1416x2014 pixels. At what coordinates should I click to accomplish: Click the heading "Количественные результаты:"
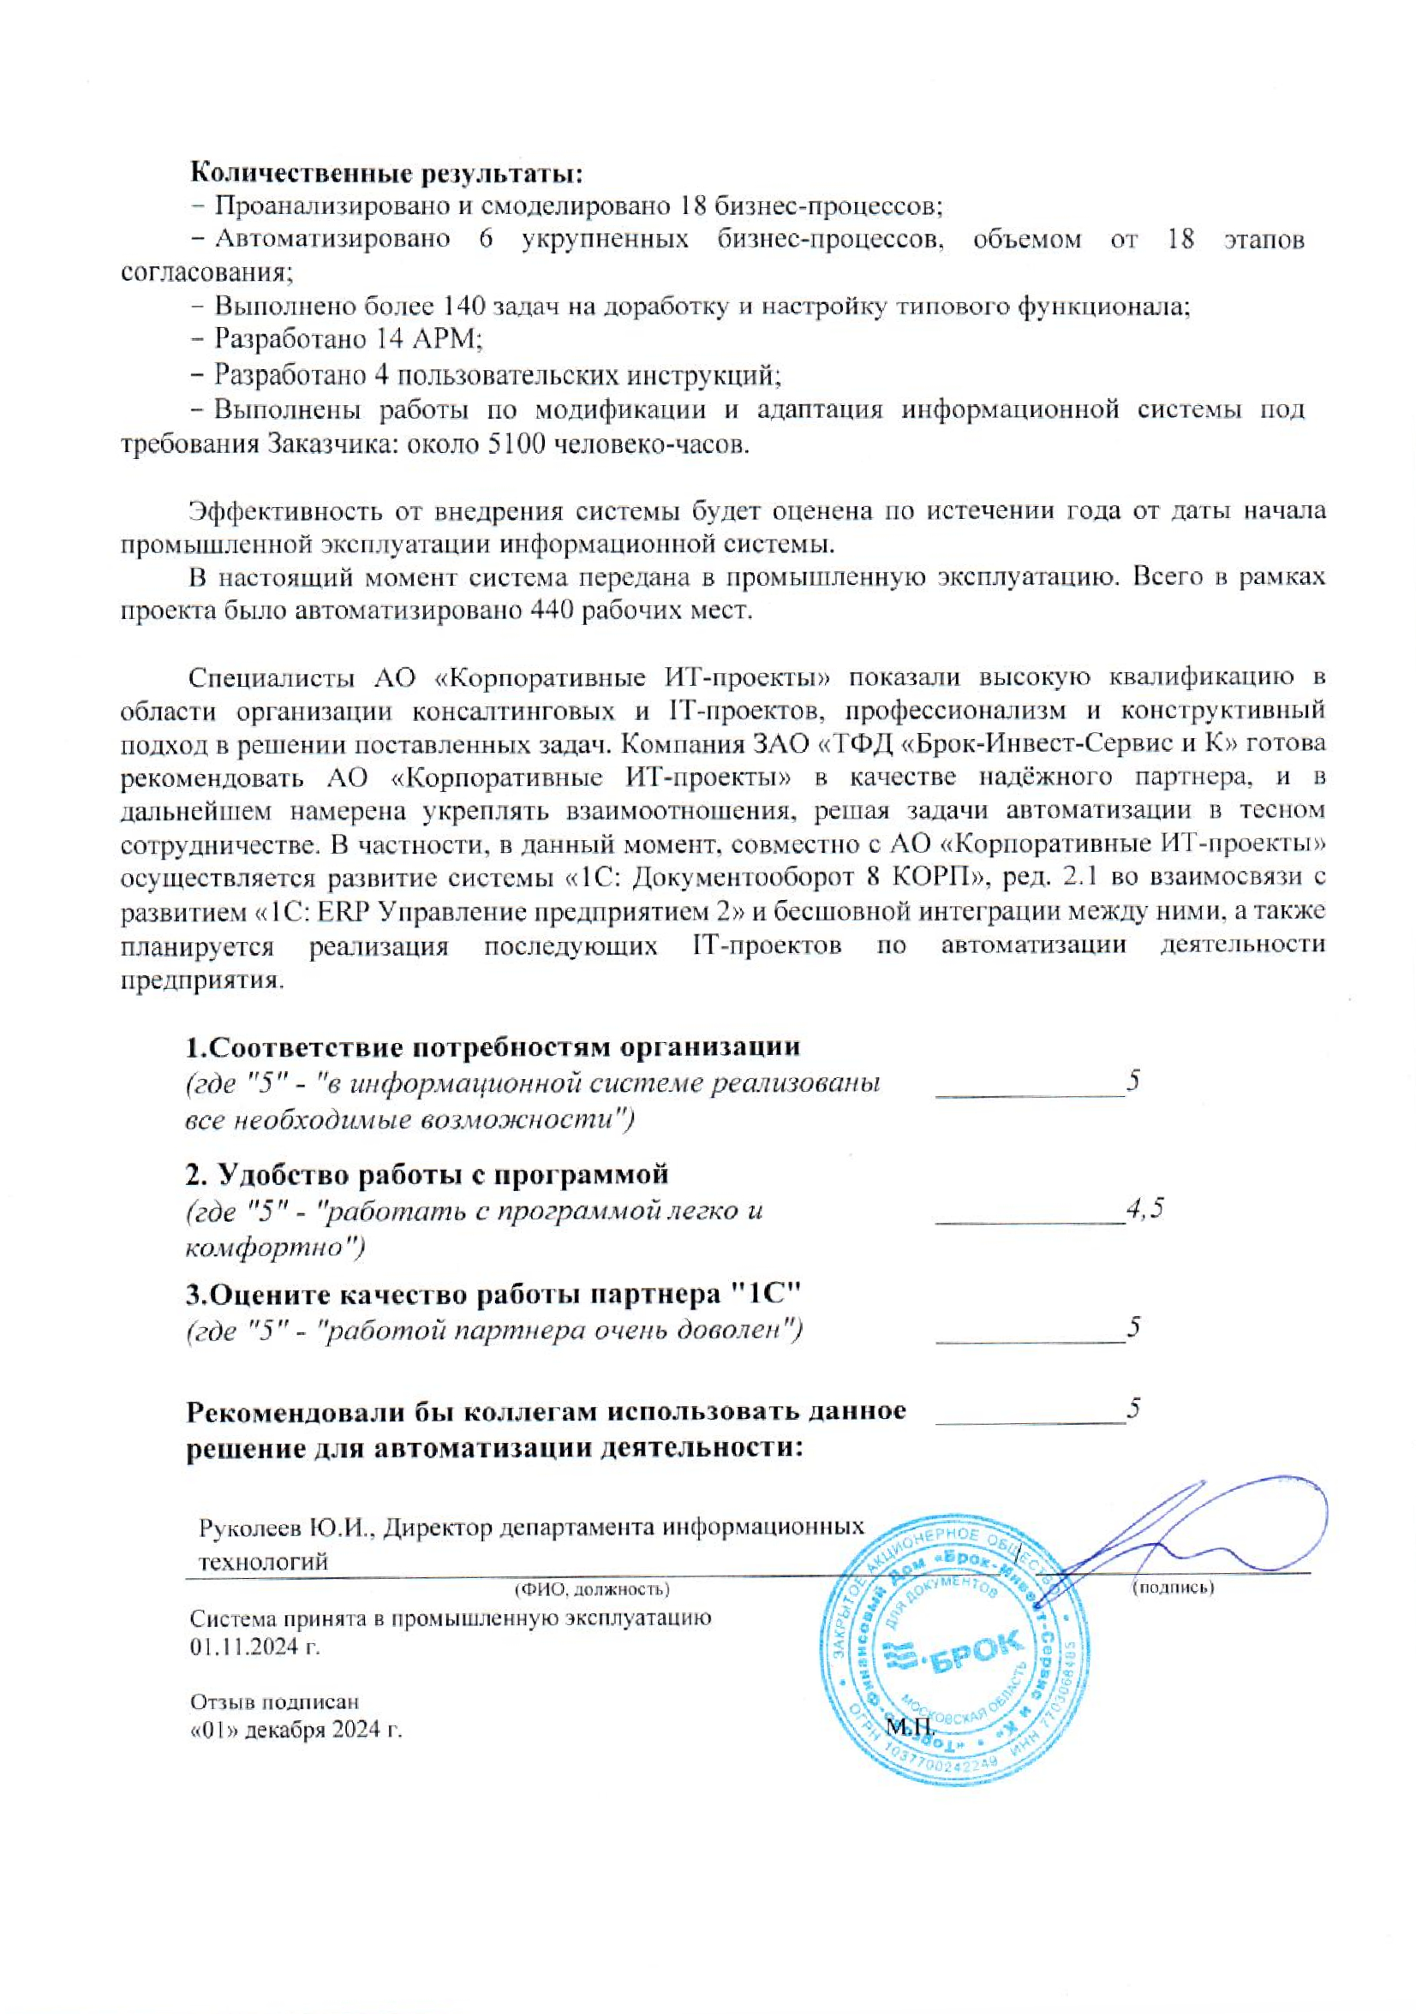click(x=387, y=172)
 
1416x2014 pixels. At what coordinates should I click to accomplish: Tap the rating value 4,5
click(x=1145, y=1208)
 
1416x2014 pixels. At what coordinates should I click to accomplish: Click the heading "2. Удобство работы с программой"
click(x=427, y=1173)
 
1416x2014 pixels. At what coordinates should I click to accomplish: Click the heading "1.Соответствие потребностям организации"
click(x=493, y=1047)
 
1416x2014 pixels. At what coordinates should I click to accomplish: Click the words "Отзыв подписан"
click(x=275, y=1701)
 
